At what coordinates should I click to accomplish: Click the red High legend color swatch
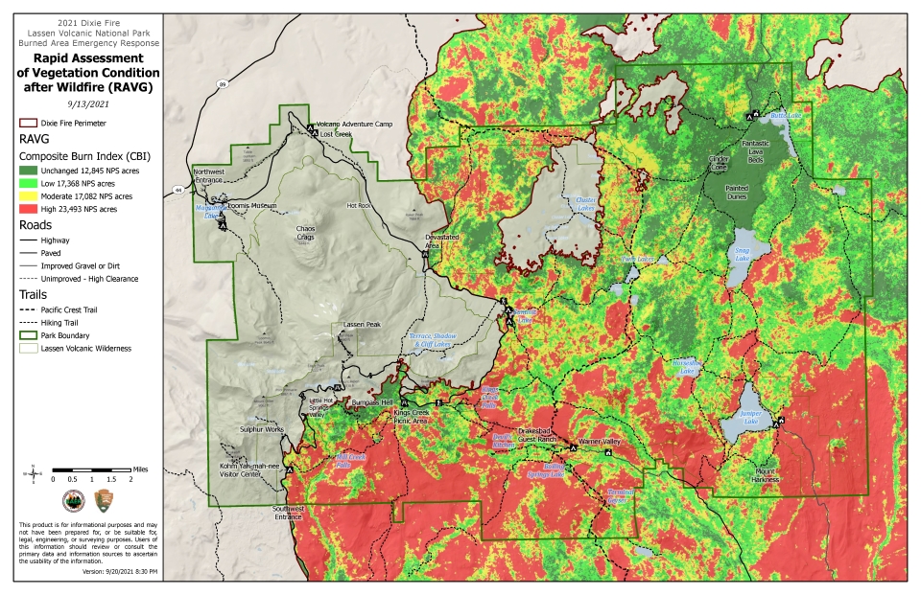coord(27,208)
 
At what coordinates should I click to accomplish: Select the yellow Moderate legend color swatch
coord(27,195)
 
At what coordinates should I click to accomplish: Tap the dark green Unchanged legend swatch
coord(27,170)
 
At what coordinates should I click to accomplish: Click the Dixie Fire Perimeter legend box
coord(27,124)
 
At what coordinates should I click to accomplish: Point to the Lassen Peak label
coord(362,325)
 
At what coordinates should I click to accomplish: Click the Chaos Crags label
coord(306,233)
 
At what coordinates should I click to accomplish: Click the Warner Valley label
coord(601,442)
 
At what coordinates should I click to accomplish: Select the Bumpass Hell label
coord(373,402)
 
